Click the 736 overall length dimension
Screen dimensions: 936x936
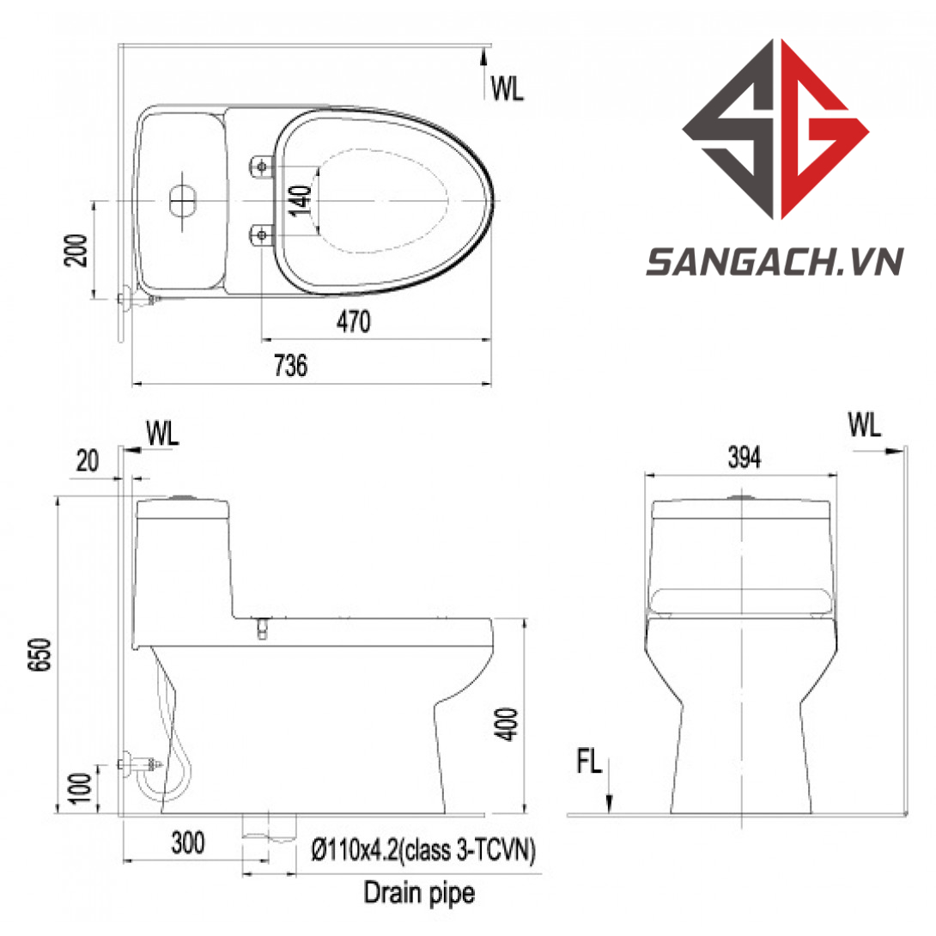pyautogui.click(x=291, y=365)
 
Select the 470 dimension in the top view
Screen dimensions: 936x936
pyautogui.click(x=354, y=322)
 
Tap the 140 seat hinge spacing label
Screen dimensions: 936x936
pyautogui.click(x=301, y=201)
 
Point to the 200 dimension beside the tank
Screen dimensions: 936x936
pyautogui.click(x=76, y=250)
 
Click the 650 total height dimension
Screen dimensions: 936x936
pyautogui.click(x=40, y=655)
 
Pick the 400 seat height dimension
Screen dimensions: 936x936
pyautogui.click(x=508, y=724)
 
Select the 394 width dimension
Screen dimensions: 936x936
pyautogui.click(x=745, y=457)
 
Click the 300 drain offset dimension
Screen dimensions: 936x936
pyautogui.click(x=188, y=842)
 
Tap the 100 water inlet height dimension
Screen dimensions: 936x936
pyautogui.click(x=82, y=788)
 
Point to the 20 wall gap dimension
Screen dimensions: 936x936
pyautogui.click(x=87, y=461)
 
